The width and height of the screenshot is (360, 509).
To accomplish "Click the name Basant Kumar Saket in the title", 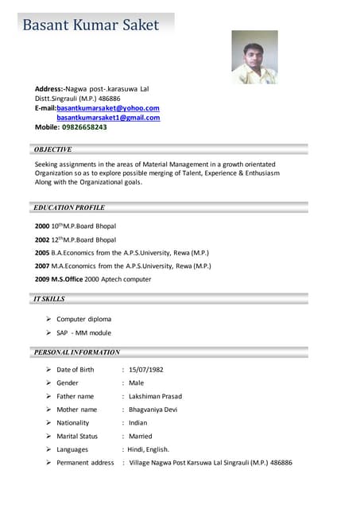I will [90, 25].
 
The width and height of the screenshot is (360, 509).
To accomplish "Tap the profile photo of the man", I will [254, 57].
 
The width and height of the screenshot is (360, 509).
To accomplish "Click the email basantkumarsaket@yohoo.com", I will [108, 107].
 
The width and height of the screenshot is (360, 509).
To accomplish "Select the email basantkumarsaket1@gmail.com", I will [108, 117].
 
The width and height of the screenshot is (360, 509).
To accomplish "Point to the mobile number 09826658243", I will [84, 126].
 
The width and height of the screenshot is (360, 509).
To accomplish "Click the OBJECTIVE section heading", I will [53, 149].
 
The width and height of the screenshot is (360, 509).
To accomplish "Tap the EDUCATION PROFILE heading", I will [69, 207].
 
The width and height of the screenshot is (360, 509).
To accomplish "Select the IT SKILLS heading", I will [49, 299].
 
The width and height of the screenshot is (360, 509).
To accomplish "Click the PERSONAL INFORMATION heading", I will [77, 351].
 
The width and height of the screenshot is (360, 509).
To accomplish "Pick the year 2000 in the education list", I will [42, 227].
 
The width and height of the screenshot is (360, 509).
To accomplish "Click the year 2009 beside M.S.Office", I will [42, 279].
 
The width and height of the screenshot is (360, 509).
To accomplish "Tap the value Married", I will [141, 436].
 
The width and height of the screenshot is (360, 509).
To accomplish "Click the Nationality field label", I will [73, 422].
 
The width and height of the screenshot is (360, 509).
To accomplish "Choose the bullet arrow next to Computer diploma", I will [49, 319].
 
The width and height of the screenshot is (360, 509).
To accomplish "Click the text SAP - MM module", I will [84, 332].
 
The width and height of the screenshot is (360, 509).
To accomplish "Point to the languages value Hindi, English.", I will [148, 449].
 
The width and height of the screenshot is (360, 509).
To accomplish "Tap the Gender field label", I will [68, 383].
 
